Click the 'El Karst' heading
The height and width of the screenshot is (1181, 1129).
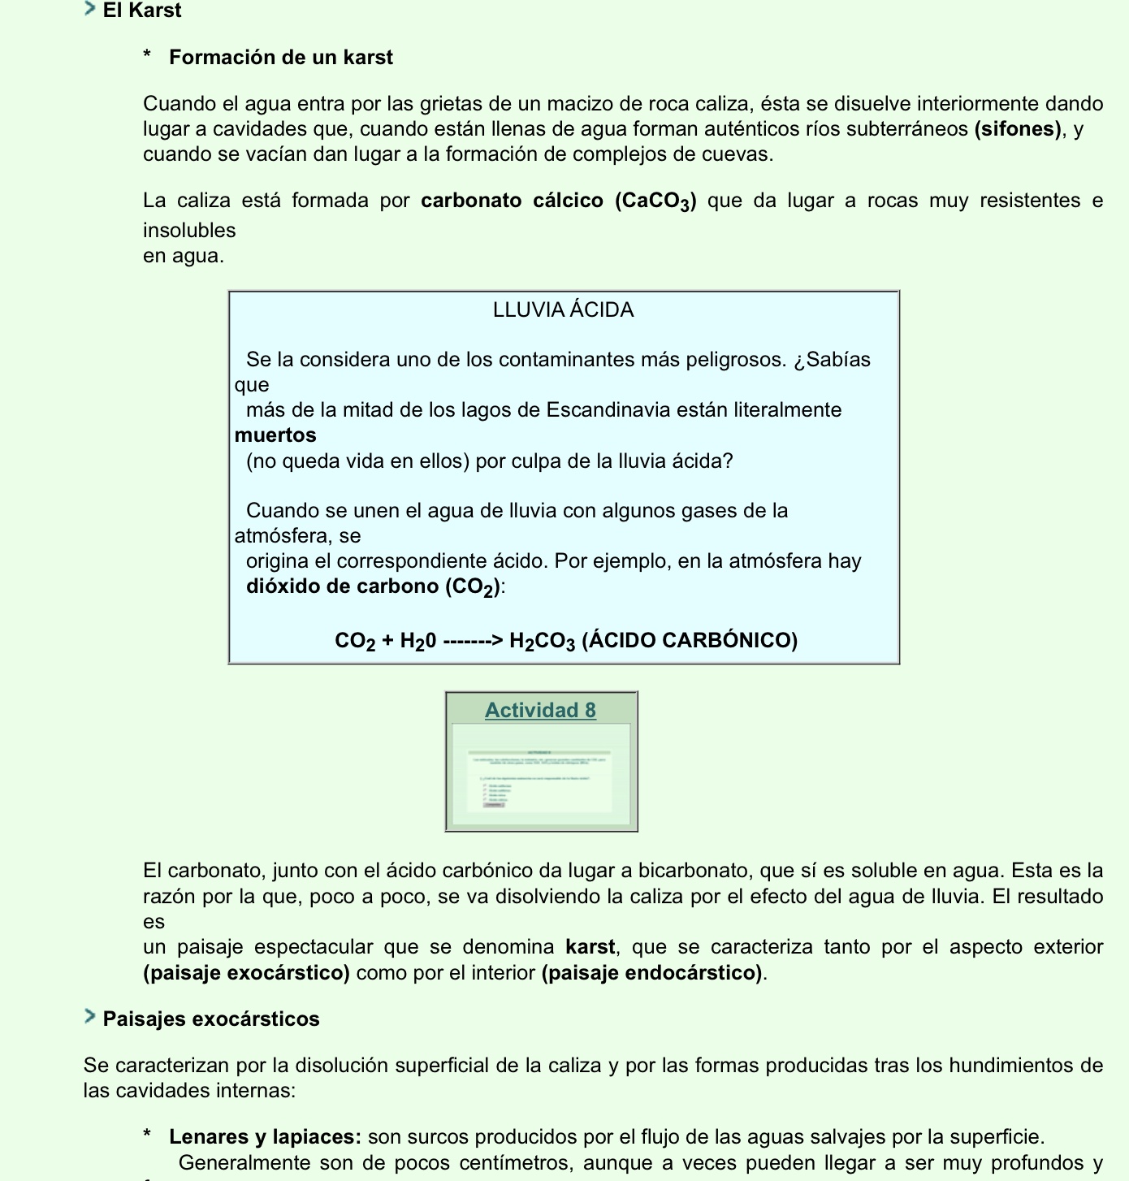click(141, 11)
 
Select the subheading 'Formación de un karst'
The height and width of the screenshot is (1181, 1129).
click(280, 58)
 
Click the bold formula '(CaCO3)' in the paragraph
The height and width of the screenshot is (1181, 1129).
click(655, 201)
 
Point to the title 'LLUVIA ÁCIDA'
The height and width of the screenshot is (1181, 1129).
click(563, 310)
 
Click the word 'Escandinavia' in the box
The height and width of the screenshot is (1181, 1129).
click(607, 410)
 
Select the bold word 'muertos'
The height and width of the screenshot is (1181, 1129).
click(275, 435)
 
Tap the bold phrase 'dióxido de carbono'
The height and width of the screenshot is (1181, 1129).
click(343, 586)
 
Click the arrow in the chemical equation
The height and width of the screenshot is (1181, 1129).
click(474, 641)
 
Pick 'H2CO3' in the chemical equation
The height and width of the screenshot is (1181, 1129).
click(542, 641)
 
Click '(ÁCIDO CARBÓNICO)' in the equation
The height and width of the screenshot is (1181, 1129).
click(690, 641)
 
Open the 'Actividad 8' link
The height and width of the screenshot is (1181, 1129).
click(540, 711)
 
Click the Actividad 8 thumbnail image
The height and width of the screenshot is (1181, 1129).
click(541, 776)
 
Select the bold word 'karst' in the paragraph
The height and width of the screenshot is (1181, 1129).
click(590, 947)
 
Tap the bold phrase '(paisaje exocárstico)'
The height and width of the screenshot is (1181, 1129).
click(246, 973)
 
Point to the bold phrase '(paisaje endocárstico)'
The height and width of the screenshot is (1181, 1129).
click(652, 973)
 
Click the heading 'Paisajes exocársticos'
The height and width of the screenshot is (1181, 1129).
click(211, 1019)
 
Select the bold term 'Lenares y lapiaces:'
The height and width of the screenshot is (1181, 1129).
click(265, 1137)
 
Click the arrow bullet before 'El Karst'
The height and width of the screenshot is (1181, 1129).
click(89, 9)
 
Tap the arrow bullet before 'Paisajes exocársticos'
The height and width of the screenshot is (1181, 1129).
click(89, 1017)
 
